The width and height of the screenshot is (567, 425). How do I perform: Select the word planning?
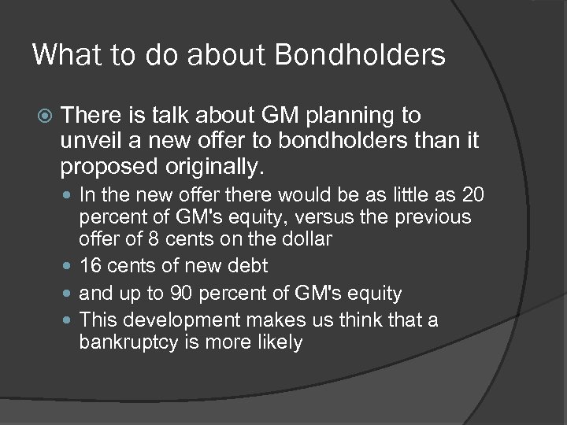359,116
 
